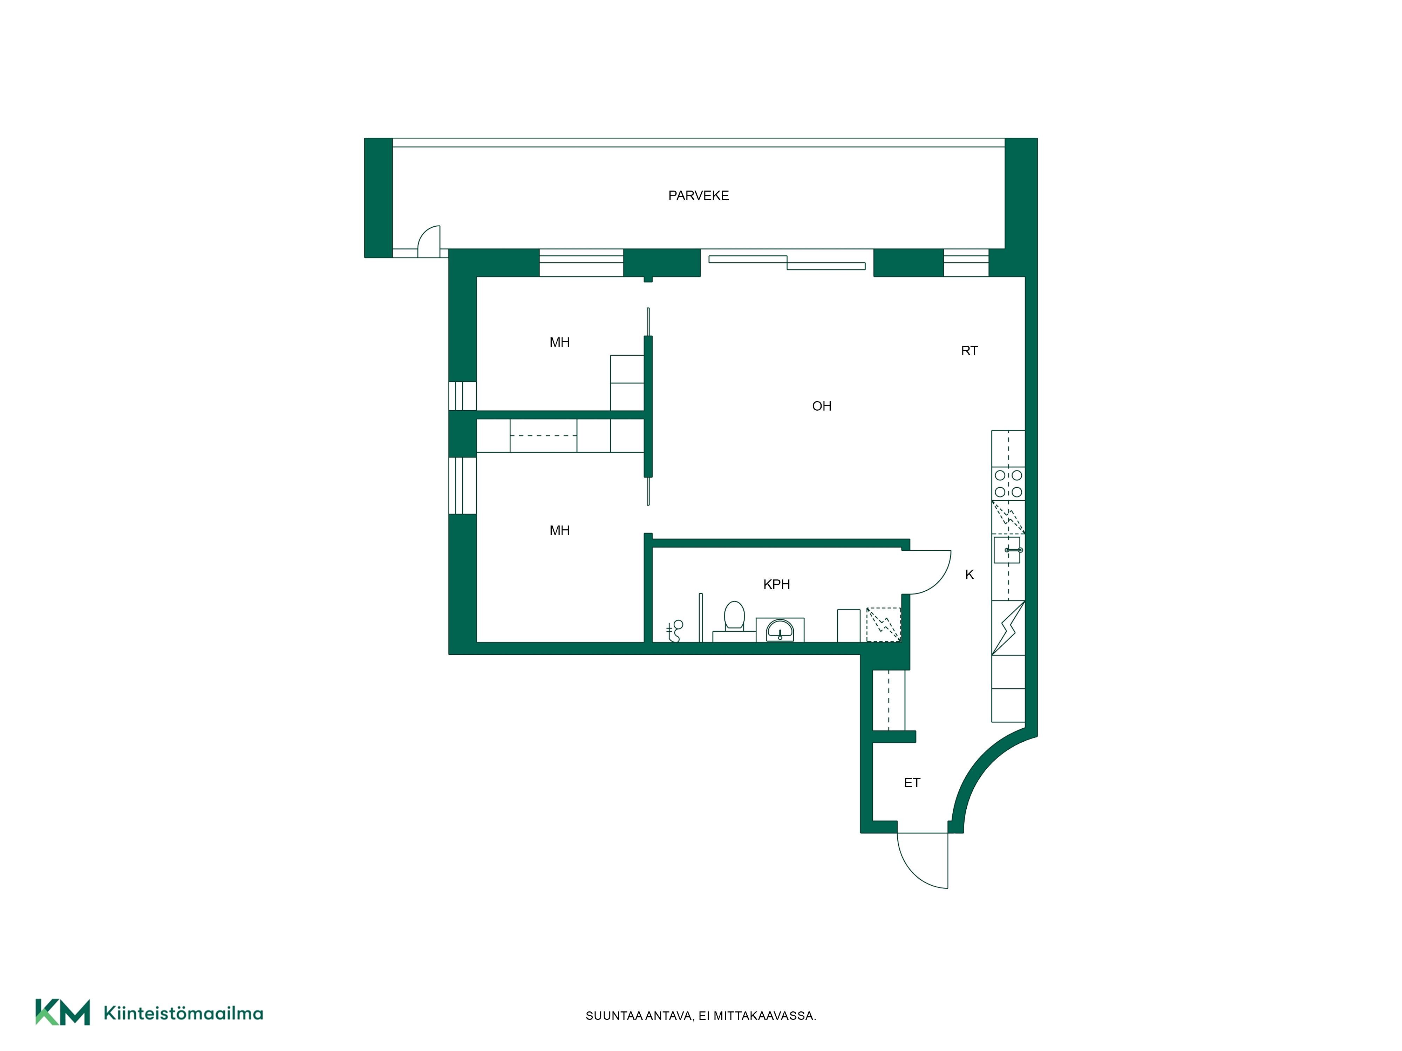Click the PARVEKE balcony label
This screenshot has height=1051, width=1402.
(x=699, y=196)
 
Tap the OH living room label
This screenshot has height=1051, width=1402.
(x=822, y=406)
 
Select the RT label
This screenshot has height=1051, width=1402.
(x=969, y=351)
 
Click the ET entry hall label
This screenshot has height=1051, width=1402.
(x=911, y=783)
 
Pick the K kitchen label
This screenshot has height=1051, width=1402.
(x=969, y=575)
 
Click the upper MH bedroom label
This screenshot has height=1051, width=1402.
(x=559, y=343)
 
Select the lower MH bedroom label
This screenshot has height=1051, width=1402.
(x=559, y=531)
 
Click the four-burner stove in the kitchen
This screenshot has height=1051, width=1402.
(x=1008, y=483)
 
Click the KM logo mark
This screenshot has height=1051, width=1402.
(x=62, y=1012)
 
